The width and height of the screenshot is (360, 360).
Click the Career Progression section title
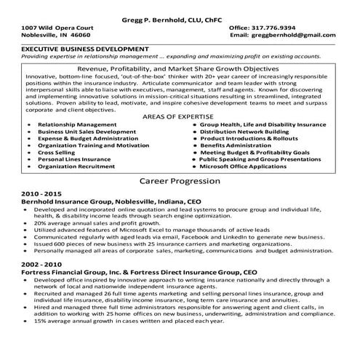pyautogui.click(x=179, y=180)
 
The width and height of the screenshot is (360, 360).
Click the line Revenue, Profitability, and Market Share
pyautogui.click(x=180, y=65)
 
